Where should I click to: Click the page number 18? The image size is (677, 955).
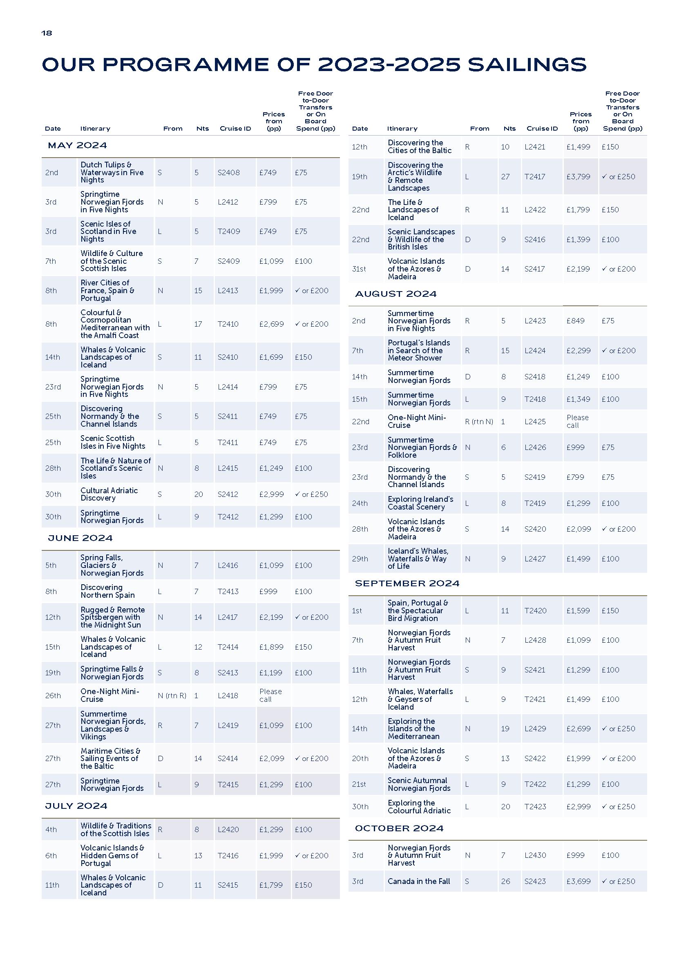click(x=47, y=33)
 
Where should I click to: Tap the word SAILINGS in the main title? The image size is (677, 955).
click(x=527, y=65)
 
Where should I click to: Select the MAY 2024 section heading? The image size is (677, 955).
click(x=77, y=145)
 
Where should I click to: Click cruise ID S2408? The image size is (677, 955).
click(x=228, y=172)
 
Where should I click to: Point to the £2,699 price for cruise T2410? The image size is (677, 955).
click(x=271, y=324)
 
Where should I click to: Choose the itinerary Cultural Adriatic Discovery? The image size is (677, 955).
click(x=109, y=494)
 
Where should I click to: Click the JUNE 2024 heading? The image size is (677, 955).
click(x=80, y=538)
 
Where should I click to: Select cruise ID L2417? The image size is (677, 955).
click(x=228, y=617)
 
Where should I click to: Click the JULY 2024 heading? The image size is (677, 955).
click(x=76, y=806)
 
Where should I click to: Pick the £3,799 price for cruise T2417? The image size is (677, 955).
click(x=578, y=177)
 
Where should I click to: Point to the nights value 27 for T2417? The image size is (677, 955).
click(x=505, y=177)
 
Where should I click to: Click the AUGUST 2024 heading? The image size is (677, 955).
click(x=395, y=294)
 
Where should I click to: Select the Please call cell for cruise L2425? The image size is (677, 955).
click(x=577, y=421)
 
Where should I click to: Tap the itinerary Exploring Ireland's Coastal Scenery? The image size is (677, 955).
click(x=420, y=503)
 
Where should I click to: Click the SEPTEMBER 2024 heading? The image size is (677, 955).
click(x=407, y=583)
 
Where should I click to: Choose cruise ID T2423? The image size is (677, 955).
click(x=535, y=806)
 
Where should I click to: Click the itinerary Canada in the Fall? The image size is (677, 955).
click(x=418, y=881)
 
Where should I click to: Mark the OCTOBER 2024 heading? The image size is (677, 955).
click(x=399, y=828)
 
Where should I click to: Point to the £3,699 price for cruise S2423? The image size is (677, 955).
click(x=578, y=881)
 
